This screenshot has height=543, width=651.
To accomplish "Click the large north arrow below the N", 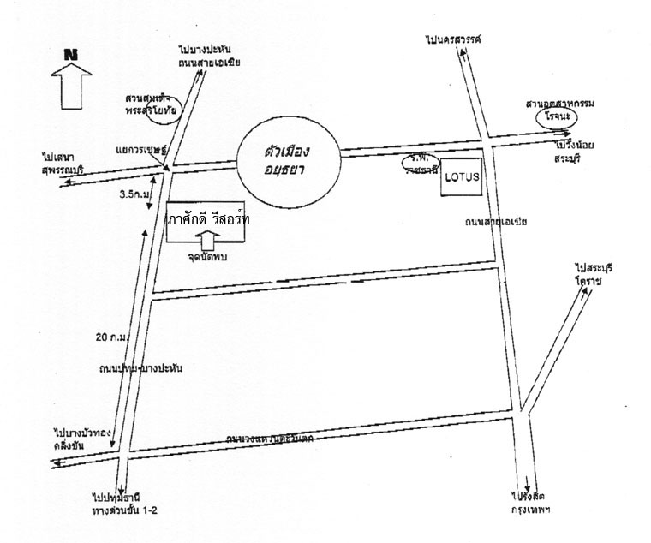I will [x=73, y=87].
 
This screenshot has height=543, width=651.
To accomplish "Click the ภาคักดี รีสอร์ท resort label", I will [x=209, y=220].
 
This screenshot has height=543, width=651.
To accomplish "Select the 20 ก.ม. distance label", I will [x=112, y=337].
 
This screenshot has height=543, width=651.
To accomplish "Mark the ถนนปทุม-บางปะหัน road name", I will [x=140, y=367].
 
